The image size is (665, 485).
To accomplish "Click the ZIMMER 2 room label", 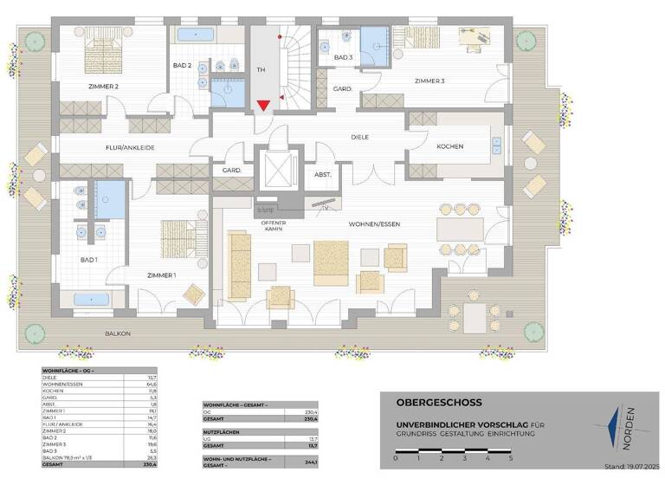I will point(103,87).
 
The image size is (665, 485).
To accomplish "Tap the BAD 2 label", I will point(182,66).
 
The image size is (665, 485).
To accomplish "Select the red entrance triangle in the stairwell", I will point(263,106).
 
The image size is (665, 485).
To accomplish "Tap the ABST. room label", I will point(323,175).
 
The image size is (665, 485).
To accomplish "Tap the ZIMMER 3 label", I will point(429,81).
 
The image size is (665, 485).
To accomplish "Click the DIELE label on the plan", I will point(360,138).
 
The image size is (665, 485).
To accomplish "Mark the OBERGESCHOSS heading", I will point(427,403).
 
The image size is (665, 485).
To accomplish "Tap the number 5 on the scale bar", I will point(511,456).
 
